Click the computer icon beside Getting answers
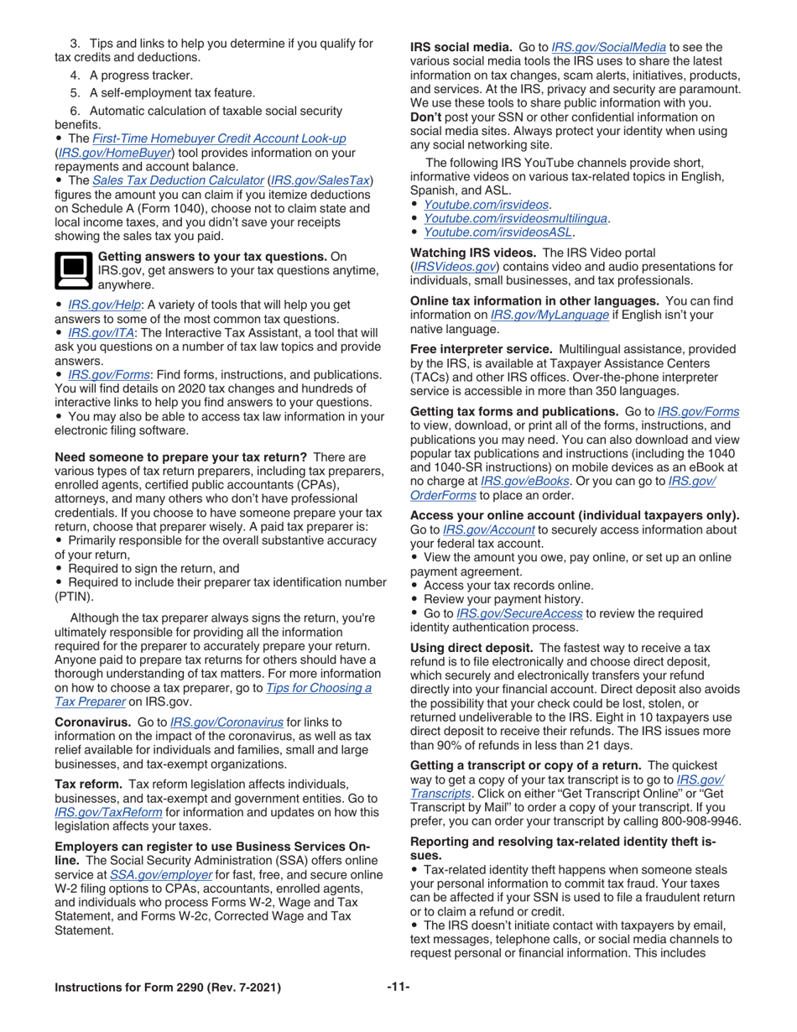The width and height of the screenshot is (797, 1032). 73,270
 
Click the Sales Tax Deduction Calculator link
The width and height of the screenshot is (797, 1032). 177,180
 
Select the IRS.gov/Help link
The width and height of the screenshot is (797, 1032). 104,305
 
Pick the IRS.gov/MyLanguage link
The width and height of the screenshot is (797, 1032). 561,315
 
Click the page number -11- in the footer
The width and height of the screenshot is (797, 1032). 398,987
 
